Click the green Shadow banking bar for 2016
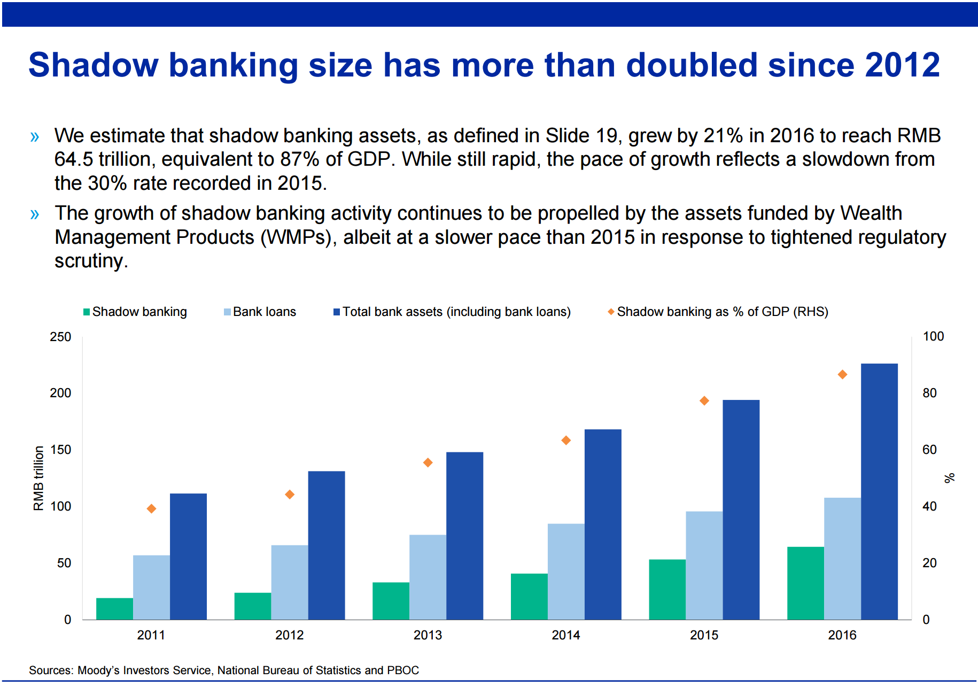[x=805, y=583]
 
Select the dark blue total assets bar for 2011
[x=188, y=557]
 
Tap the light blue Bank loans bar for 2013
[x=428, y=577]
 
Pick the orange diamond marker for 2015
[x=704, y=401]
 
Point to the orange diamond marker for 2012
[x=290, y=495]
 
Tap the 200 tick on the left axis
[x=60, y=393]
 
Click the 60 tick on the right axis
[x=929, y=450]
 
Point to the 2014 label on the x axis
[x=565, y=635]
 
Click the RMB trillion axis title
[x=38, y=478]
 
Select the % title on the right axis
[x=949, y=478]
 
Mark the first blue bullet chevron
[x=35, y=137]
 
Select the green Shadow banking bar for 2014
[x=529, y=597]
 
